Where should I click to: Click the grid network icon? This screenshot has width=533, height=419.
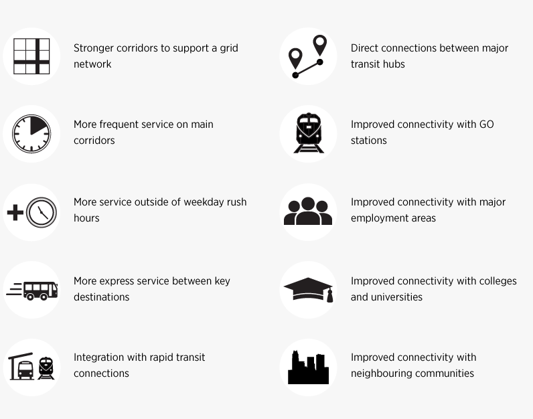click(x=31, y=56)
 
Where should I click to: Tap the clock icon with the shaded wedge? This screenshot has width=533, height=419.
click(x=31, y=134)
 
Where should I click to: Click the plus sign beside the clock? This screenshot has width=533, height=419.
click(x=15, y=214)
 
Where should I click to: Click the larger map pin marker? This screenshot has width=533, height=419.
click(x=320, y=46)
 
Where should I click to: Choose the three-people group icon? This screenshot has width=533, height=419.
click(x=308, y=212)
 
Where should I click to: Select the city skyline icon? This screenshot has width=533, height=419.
click(x=308, y=367)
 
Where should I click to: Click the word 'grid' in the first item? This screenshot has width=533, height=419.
click(x=229, y=48)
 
